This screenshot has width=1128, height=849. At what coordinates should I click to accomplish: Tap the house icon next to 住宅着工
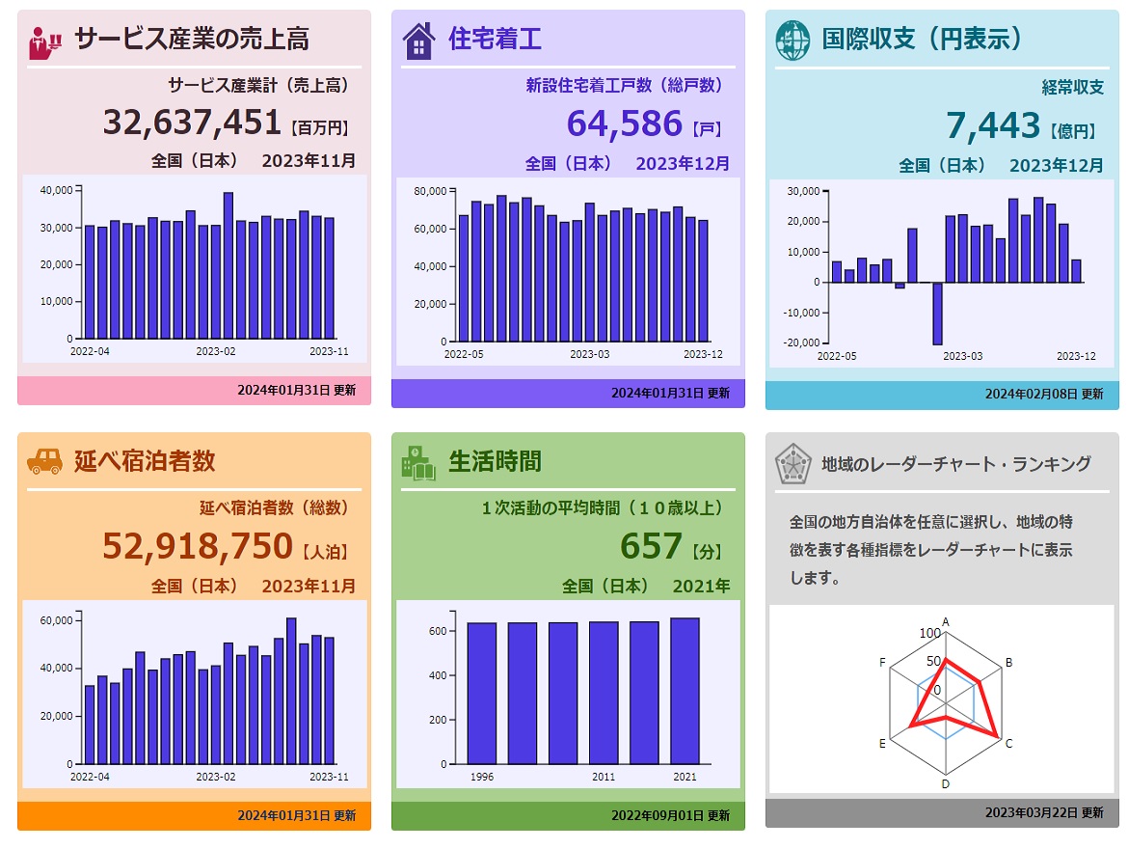(418, 41)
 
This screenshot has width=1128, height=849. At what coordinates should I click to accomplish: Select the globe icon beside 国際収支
(792, 40)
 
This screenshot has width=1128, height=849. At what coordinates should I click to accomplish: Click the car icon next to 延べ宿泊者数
(44, 461)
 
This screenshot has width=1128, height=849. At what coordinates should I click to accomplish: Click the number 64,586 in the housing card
(624, 124)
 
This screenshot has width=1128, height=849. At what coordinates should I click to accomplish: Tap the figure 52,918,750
(198, 545)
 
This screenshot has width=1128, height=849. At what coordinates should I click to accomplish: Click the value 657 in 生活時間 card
(651, 547)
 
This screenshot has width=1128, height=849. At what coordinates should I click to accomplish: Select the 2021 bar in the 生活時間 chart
(685, 690)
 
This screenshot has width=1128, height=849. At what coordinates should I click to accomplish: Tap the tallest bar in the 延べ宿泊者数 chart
(291, 690)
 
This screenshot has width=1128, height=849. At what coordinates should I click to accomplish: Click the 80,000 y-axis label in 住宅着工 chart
(430, 191)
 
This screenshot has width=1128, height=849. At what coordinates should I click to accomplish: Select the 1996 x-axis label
(483, 777)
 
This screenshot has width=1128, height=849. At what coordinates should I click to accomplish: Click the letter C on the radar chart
(1008, 744)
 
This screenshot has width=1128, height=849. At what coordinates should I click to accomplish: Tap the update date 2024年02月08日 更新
(1044, 394)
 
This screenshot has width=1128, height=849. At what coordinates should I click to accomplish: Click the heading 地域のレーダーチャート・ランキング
(956, 464)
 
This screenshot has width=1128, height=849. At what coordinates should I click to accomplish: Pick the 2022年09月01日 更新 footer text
(670, 815)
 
